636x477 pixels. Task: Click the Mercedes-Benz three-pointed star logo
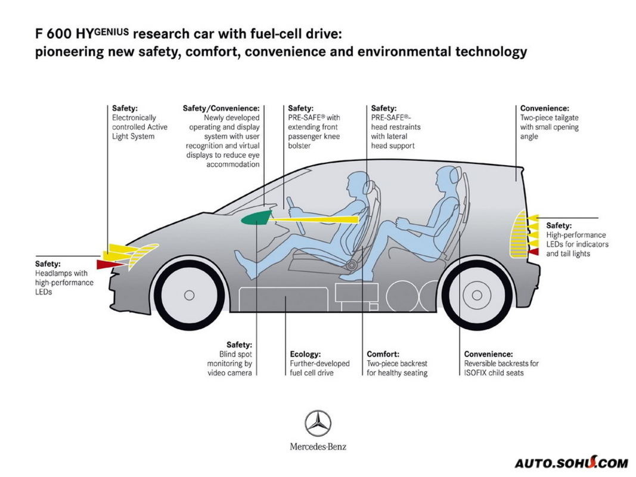(318, 423)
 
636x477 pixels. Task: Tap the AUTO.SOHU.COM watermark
(571, 463)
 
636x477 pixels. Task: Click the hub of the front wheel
(189, 295)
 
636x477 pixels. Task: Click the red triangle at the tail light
(533, 252)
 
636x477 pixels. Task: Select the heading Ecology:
(305, 354)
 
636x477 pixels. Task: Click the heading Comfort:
(383, 354)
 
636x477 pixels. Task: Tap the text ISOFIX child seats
(494, 373)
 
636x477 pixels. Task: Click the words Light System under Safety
(133, 137)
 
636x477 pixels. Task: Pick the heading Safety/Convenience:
(221, 109)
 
